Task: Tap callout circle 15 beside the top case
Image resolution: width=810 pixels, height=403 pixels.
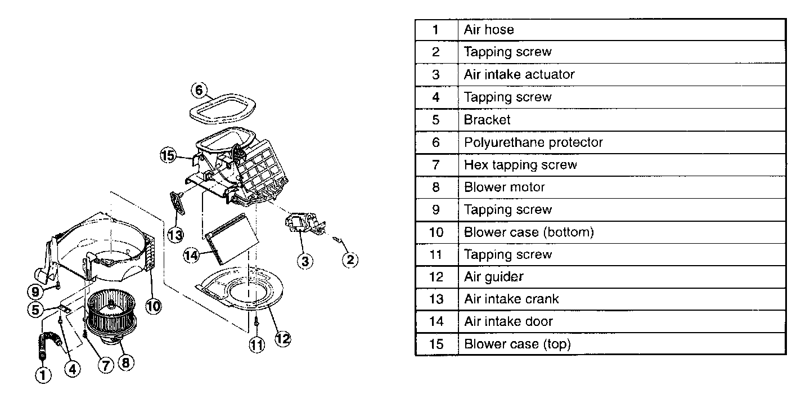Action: [168, 156]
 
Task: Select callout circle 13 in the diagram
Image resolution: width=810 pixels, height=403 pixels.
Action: [175, 234]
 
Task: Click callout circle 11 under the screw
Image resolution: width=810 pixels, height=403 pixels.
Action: [256, 344]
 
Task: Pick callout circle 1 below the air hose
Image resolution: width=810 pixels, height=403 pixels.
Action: [43, 374]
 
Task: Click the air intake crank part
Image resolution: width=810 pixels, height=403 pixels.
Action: [178, 202]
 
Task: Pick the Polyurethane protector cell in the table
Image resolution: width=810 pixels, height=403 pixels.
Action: [533, 142]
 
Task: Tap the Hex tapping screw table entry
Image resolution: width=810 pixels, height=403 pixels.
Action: [520, 164]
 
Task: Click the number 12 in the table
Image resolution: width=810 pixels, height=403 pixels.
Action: [436, 277]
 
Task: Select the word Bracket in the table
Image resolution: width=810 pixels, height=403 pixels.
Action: [487, 119]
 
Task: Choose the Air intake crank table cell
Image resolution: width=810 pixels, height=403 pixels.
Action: [511, 299]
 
